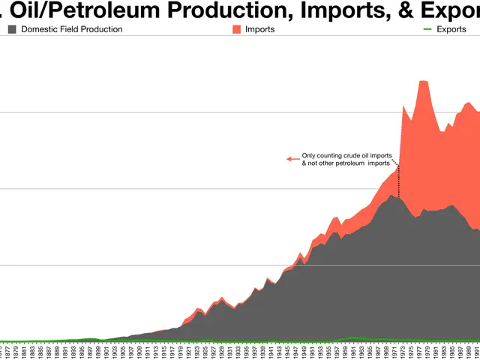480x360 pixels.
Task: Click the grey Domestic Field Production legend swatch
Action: (13, 29)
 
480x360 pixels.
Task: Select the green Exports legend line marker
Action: (428, 29)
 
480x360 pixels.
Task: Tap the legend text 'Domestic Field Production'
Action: (72, 29)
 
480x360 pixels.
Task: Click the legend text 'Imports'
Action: (259, 29)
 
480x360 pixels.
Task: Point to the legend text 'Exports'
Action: (452, 29)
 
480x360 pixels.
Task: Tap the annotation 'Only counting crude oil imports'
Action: (346, 155)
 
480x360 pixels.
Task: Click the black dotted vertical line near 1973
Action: (399, 180)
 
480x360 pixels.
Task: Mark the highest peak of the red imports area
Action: (423, 81)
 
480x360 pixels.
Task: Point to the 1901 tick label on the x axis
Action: (106, 352)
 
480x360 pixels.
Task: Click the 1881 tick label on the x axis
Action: (25, 352)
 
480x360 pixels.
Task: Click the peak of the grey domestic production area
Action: (391, 195)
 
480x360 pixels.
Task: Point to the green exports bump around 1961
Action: (349, 337)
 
